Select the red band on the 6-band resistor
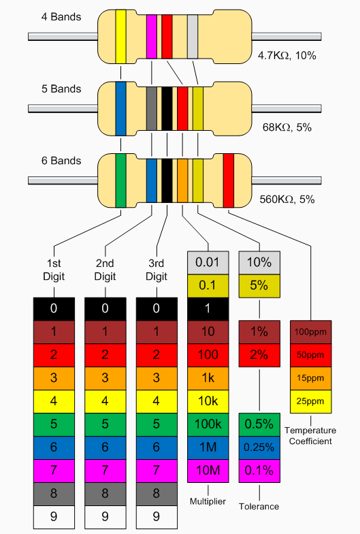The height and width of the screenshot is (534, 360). point(229,180)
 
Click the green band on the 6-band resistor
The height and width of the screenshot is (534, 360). point(121,180)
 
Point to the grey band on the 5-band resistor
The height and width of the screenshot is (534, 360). point(152,108)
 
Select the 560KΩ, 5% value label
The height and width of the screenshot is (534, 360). point(287,200)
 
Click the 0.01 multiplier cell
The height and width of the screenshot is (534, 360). point(208,262)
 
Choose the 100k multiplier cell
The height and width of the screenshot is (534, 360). point(208,424)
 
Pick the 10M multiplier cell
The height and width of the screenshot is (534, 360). point(208,470)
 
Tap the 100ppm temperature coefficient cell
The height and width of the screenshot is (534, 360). point(311,332)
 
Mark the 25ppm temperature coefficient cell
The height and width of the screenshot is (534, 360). point(311,401)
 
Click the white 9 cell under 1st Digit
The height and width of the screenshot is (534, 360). point(54,516)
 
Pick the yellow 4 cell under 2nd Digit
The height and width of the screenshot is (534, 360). point(105,401)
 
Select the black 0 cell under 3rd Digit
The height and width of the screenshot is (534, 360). point(156,309)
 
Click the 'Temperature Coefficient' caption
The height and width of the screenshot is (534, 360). point(310,435)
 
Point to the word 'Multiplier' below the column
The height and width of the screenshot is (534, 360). point(208,501)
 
